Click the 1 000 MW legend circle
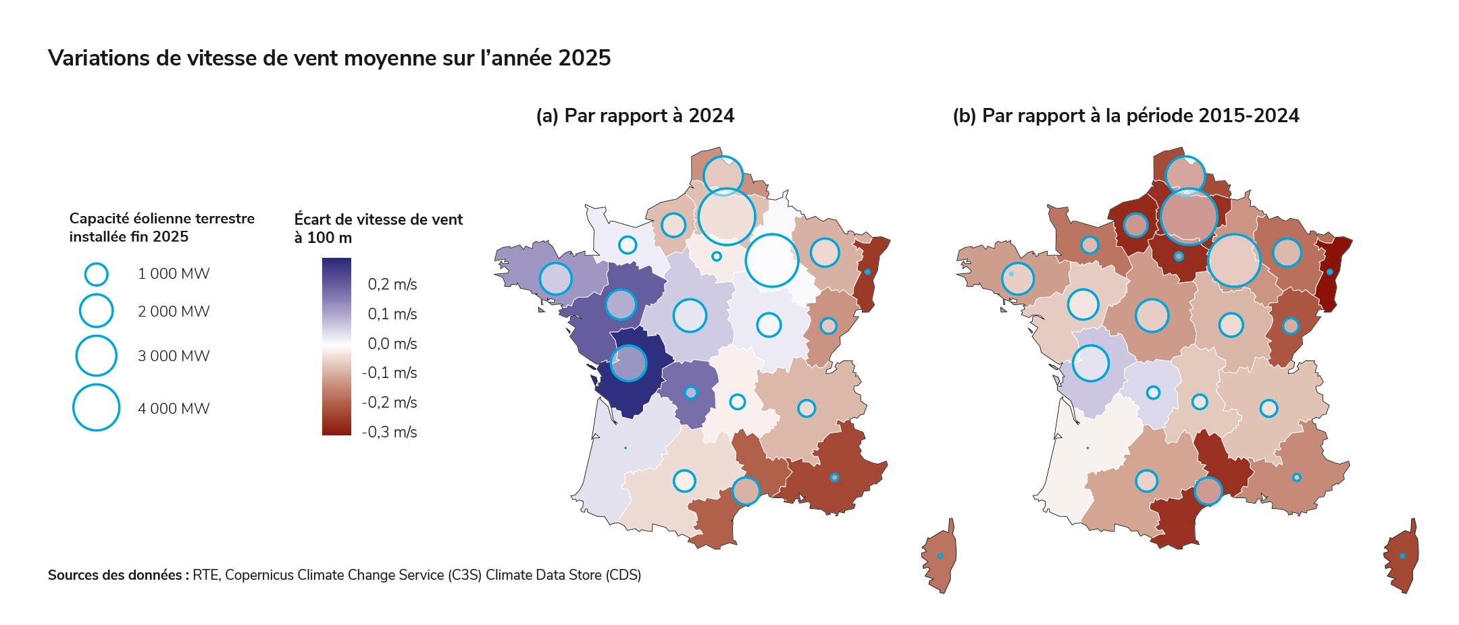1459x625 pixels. click(96, 274)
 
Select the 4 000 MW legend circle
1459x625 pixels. click(96, 408)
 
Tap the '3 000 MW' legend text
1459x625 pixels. click(174, 356)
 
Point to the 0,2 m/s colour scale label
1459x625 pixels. click(392, 284)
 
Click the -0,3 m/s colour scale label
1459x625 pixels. click(389, 432)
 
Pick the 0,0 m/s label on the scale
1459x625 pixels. click(392, 344)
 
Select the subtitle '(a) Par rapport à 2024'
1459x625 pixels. click(635, 115)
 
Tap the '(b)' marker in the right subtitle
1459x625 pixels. click(964, 116)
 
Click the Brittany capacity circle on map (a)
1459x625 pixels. click(555, 278)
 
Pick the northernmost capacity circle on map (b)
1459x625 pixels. click(1185, 175)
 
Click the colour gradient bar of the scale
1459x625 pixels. click(336, 346)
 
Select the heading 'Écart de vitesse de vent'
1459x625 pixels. click(378, 219)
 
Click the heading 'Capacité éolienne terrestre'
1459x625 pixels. click(161, 219)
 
